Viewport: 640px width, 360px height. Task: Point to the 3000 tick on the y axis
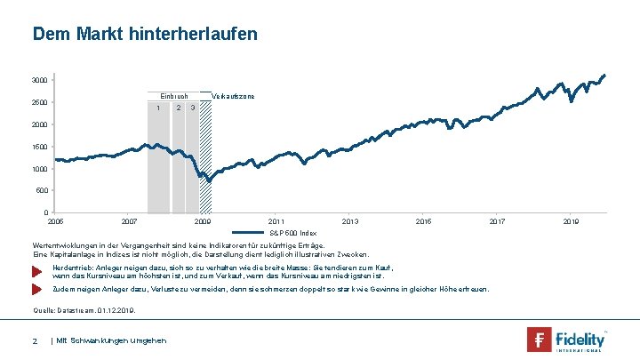click(x=39, y=81)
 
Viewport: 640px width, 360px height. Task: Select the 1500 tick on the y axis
click(x=39, y=147)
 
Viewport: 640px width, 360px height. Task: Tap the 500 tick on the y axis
click(x=41, y=190)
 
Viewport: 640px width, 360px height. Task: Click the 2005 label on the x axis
click(x=55, y=220)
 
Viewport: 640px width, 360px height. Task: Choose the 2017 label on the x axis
click(x=496, y=220)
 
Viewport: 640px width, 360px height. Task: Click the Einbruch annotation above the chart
click(x=173, y=95)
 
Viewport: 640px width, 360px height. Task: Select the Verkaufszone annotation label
click(x=234, y=95)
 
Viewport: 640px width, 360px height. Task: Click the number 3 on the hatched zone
click(x=193, y=108)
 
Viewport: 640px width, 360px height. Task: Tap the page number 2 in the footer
click(x=35, y=341)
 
